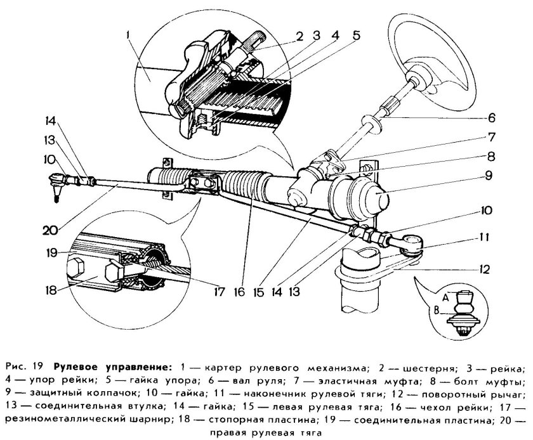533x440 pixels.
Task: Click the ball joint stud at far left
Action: click(x=56, y=190)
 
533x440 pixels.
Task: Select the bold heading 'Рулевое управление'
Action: click(x=113, y=367)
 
